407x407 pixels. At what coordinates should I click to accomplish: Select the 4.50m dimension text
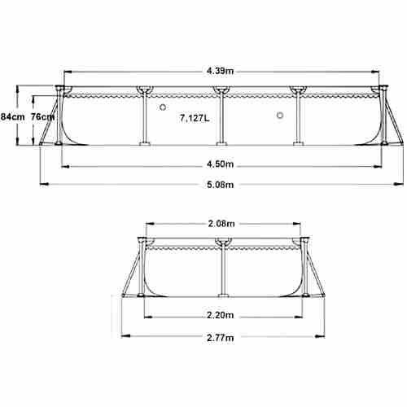point(221,165)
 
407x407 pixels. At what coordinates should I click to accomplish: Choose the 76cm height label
point(42,116)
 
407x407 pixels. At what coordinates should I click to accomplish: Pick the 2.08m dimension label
point(221,222)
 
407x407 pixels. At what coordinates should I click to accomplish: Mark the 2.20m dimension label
point(221,315)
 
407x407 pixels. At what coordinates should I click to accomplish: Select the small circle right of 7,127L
point(279,116)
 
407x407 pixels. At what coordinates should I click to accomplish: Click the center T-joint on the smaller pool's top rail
point(222,241)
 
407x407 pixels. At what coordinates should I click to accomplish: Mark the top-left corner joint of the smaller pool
point(143,241)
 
